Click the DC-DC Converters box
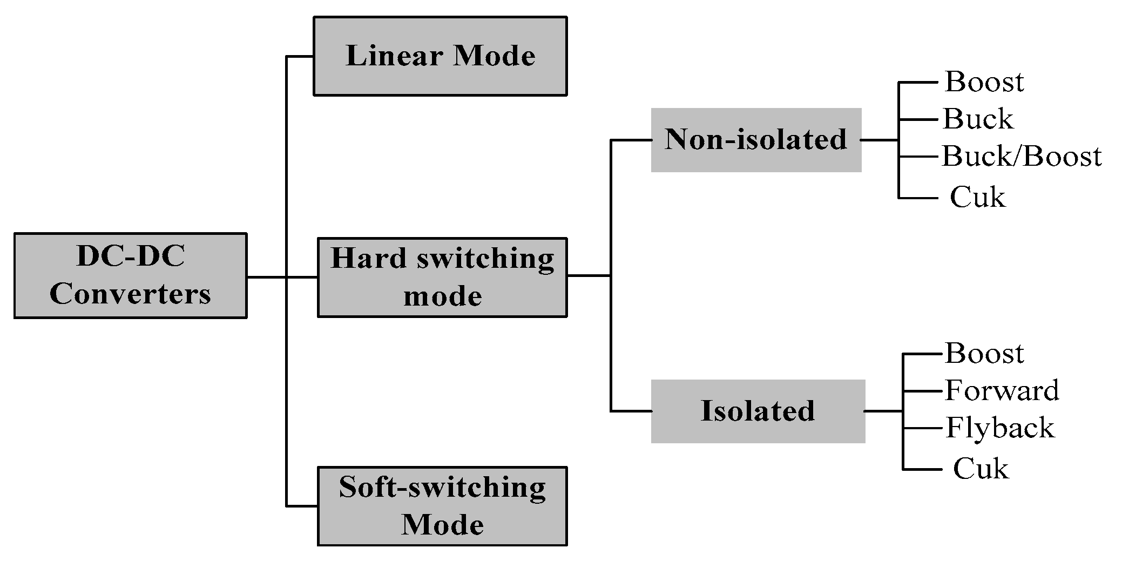click(130, 275)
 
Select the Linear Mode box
click(440, 56)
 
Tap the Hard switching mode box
click(442, 277)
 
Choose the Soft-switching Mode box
click(442, 506)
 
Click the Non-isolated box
click(756, 140)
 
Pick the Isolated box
click(758, 411)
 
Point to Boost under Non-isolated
click(984, 82)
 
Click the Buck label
click(978, 119)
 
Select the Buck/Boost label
click(1022, 157)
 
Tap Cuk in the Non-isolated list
click(977, 198)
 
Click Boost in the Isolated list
click(984, 354)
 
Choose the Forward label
click(1002, 390)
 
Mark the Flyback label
click(1000, 428)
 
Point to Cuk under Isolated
click(981, 469)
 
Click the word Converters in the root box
click(130, 295)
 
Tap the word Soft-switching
click(442, 488)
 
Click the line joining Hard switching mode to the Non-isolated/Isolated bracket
click(589, 275)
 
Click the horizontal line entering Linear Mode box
click(300, 56)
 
